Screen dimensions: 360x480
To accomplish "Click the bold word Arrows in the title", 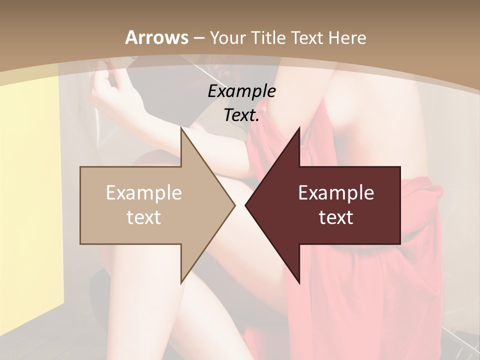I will (156, 37).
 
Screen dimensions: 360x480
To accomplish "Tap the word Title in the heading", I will (269, 37).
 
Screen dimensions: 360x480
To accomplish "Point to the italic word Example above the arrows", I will (241, 91).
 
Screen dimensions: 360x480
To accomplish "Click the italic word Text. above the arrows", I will (241, 115).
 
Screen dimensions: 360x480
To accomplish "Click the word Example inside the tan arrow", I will (143, 193).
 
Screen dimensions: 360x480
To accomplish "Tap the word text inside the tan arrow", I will (143, 217).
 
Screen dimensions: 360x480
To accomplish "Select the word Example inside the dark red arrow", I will (336, 193).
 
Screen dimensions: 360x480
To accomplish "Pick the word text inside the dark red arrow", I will (336, 217).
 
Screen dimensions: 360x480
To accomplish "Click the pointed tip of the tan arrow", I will (233, 205).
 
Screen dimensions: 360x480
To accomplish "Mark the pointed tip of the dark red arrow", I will (246, 205).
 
